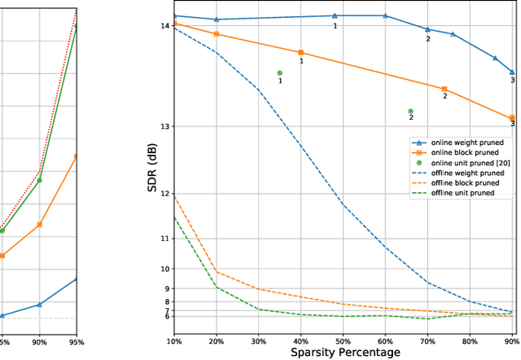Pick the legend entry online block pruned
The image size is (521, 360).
coord(461,151)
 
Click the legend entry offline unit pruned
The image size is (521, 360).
coord(460,194)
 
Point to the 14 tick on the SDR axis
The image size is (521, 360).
coord(165,26)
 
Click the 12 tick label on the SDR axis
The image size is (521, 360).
coord(165,194)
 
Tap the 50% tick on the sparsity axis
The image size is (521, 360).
coord(344,341)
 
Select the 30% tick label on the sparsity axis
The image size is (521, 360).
coord(259,341)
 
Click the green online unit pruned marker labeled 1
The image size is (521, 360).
coord(280,73)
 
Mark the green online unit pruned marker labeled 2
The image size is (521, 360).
coord(411,112)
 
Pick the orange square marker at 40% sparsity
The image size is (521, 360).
coord(301,53)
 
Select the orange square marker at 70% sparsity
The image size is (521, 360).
coord(444,89)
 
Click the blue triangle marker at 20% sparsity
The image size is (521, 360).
coord(217,20)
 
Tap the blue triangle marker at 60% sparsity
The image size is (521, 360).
coord(386,15)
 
